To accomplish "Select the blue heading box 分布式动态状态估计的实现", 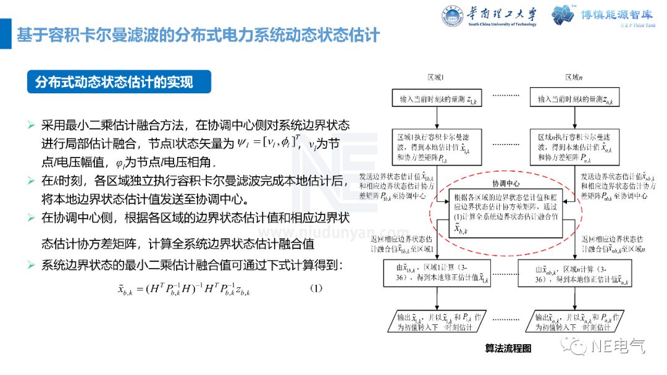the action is (119, 82).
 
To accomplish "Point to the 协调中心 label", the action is (505, 184).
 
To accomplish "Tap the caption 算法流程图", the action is (508, 348).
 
